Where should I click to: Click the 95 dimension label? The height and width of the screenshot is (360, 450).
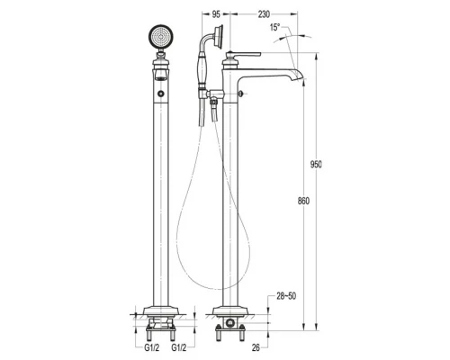[x=216, y=14]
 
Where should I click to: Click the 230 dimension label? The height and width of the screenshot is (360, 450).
[x=264, y=14]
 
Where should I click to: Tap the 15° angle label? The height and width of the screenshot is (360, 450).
[x=275, y=27]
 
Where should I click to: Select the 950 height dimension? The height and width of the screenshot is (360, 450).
[x=316, y=165]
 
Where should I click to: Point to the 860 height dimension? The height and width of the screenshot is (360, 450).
[x=303, y=201]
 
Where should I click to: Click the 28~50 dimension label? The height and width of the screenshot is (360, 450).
[x=286, y=296]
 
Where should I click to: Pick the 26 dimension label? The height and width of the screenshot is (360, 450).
[x=256, y=347]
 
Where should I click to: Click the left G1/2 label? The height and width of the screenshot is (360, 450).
[x=152, y=347]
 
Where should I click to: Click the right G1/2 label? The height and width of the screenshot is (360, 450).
[x=179, y=347]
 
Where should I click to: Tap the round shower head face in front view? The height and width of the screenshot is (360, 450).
[x=161, y=37]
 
